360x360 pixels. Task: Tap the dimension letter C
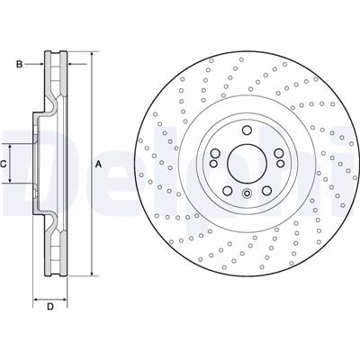[4, 163]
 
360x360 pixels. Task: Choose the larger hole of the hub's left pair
[214, 153]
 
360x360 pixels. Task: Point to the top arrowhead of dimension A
[91, 56]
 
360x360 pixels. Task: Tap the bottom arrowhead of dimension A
[91, 272]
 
